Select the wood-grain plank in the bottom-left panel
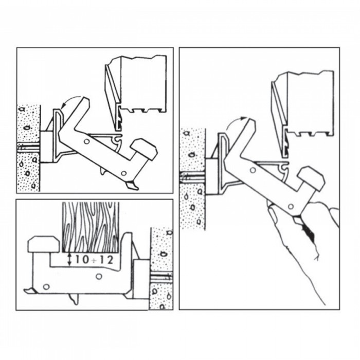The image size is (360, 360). [x=91, y=227]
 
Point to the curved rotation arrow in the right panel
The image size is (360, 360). [x=234, y=122]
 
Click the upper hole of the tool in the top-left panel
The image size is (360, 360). [x=87, y=141]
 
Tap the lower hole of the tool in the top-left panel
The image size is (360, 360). [x=124, y=173]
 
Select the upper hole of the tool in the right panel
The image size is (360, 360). [x=253, y=170]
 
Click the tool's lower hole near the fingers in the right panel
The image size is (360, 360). [x=291, y=207]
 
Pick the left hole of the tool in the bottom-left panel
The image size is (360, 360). [x=46, y=287]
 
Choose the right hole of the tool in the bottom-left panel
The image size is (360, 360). [x=99, y=277]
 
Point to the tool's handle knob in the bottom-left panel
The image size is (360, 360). [x=44, y=244]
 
